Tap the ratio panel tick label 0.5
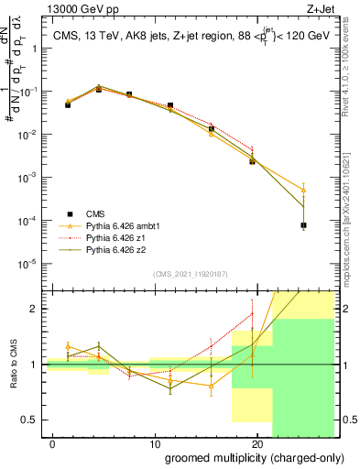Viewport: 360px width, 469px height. [29, 420]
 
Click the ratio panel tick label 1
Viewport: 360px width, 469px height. [34, 365]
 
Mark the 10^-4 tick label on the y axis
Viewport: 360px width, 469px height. [28, 221]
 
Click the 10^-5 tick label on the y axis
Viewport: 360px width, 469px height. [28, 264]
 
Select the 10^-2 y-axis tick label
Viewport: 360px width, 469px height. [28, 135]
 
